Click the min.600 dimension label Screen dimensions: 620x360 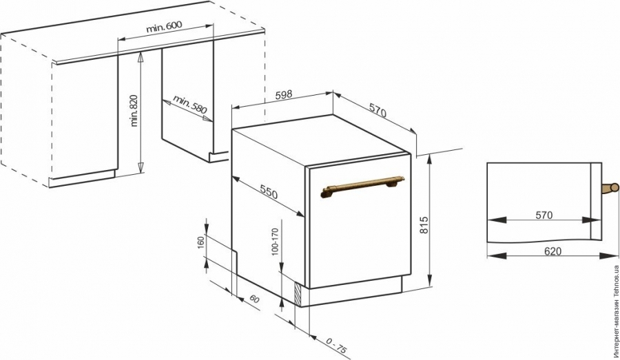(x=164, y=27)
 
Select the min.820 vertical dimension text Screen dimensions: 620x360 (x=134, y=110)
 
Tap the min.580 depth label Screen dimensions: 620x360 (x=189, y=104)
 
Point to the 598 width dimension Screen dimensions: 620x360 (x=284, y=94)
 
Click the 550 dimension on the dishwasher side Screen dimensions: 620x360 (x=269, y=191)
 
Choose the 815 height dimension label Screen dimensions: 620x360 (x=424, y=225)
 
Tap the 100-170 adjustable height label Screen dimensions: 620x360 (x=275, y=242)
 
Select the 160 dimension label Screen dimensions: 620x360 (x=200, y=242)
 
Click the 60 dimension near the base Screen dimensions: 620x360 (x=254, y=299)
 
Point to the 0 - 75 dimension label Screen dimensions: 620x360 (x=337, y=345)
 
